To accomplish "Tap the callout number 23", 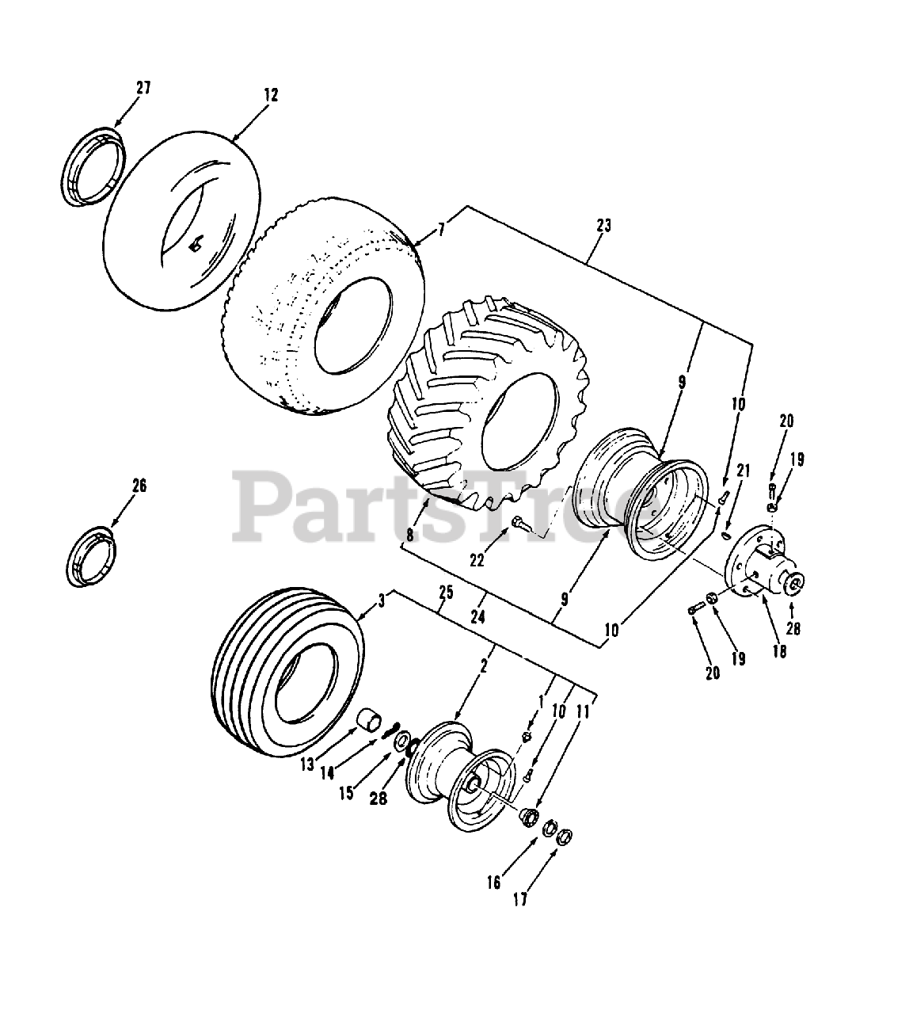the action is click(x=603, y=226).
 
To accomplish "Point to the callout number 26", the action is click(x=139, y=486).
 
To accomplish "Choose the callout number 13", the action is click(x=306, y=764).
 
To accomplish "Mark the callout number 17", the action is click(x=519, y=899).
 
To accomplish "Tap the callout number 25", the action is click(x=445, y=592).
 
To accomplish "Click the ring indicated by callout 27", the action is click(x=93, y=166).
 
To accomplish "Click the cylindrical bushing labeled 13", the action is click(x=368, y=722).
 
